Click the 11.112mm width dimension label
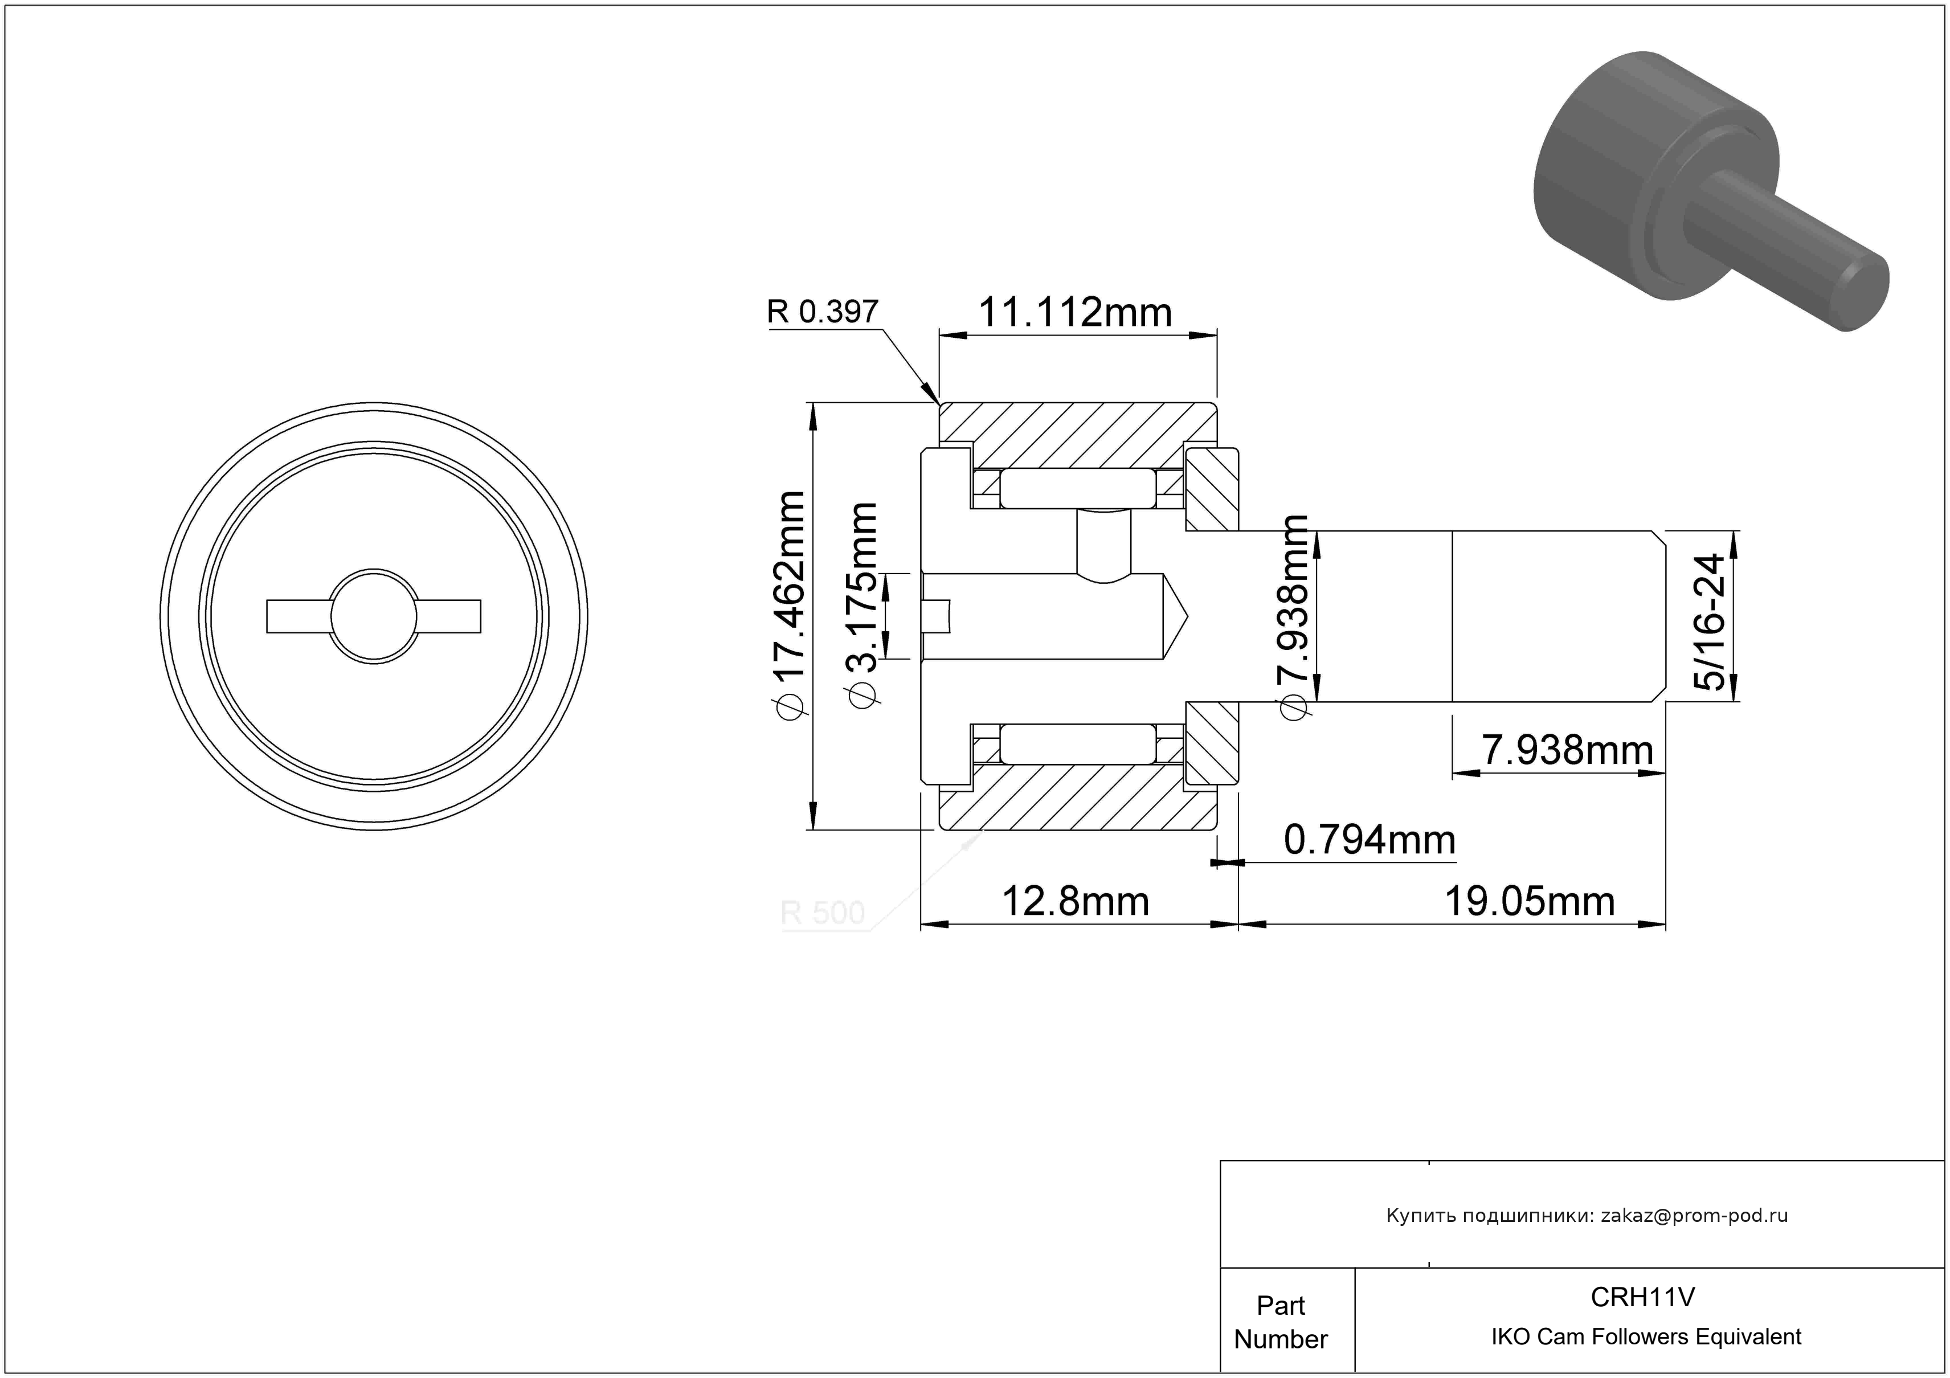[1075, 312]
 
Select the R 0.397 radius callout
[822, 312]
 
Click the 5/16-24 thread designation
[1708, 621]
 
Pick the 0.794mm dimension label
[1369, 840]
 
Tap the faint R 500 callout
[822, 913]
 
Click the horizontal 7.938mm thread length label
[1568, 750]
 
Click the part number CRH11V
[1642, 1297]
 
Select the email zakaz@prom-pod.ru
[1694, 1215]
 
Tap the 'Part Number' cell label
[1281, 1322]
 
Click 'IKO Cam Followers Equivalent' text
[1646, 1337]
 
